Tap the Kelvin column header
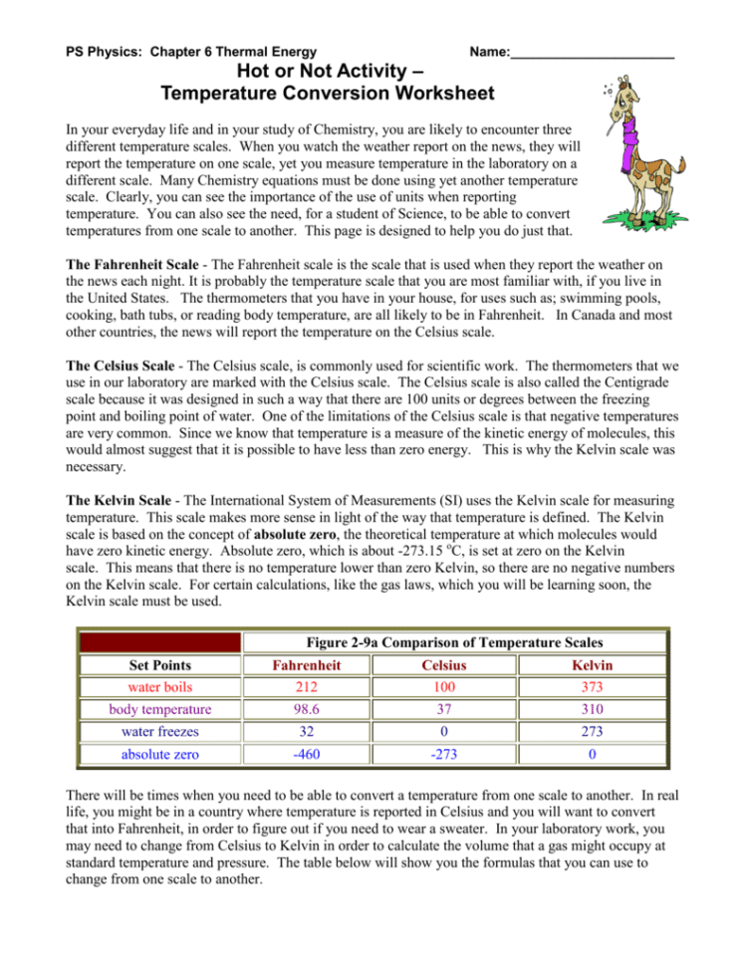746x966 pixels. point(593,664)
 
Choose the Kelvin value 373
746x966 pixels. point(593,686)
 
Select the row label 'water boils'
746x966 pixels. point(159,686)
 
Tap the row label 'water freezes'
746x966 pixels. point(159,731)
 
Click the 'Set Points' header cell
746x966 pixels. point(159,664)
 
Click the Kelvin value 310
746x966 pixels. point(593,709)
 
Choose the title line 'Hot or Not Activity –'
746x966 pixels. point(326,72)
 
